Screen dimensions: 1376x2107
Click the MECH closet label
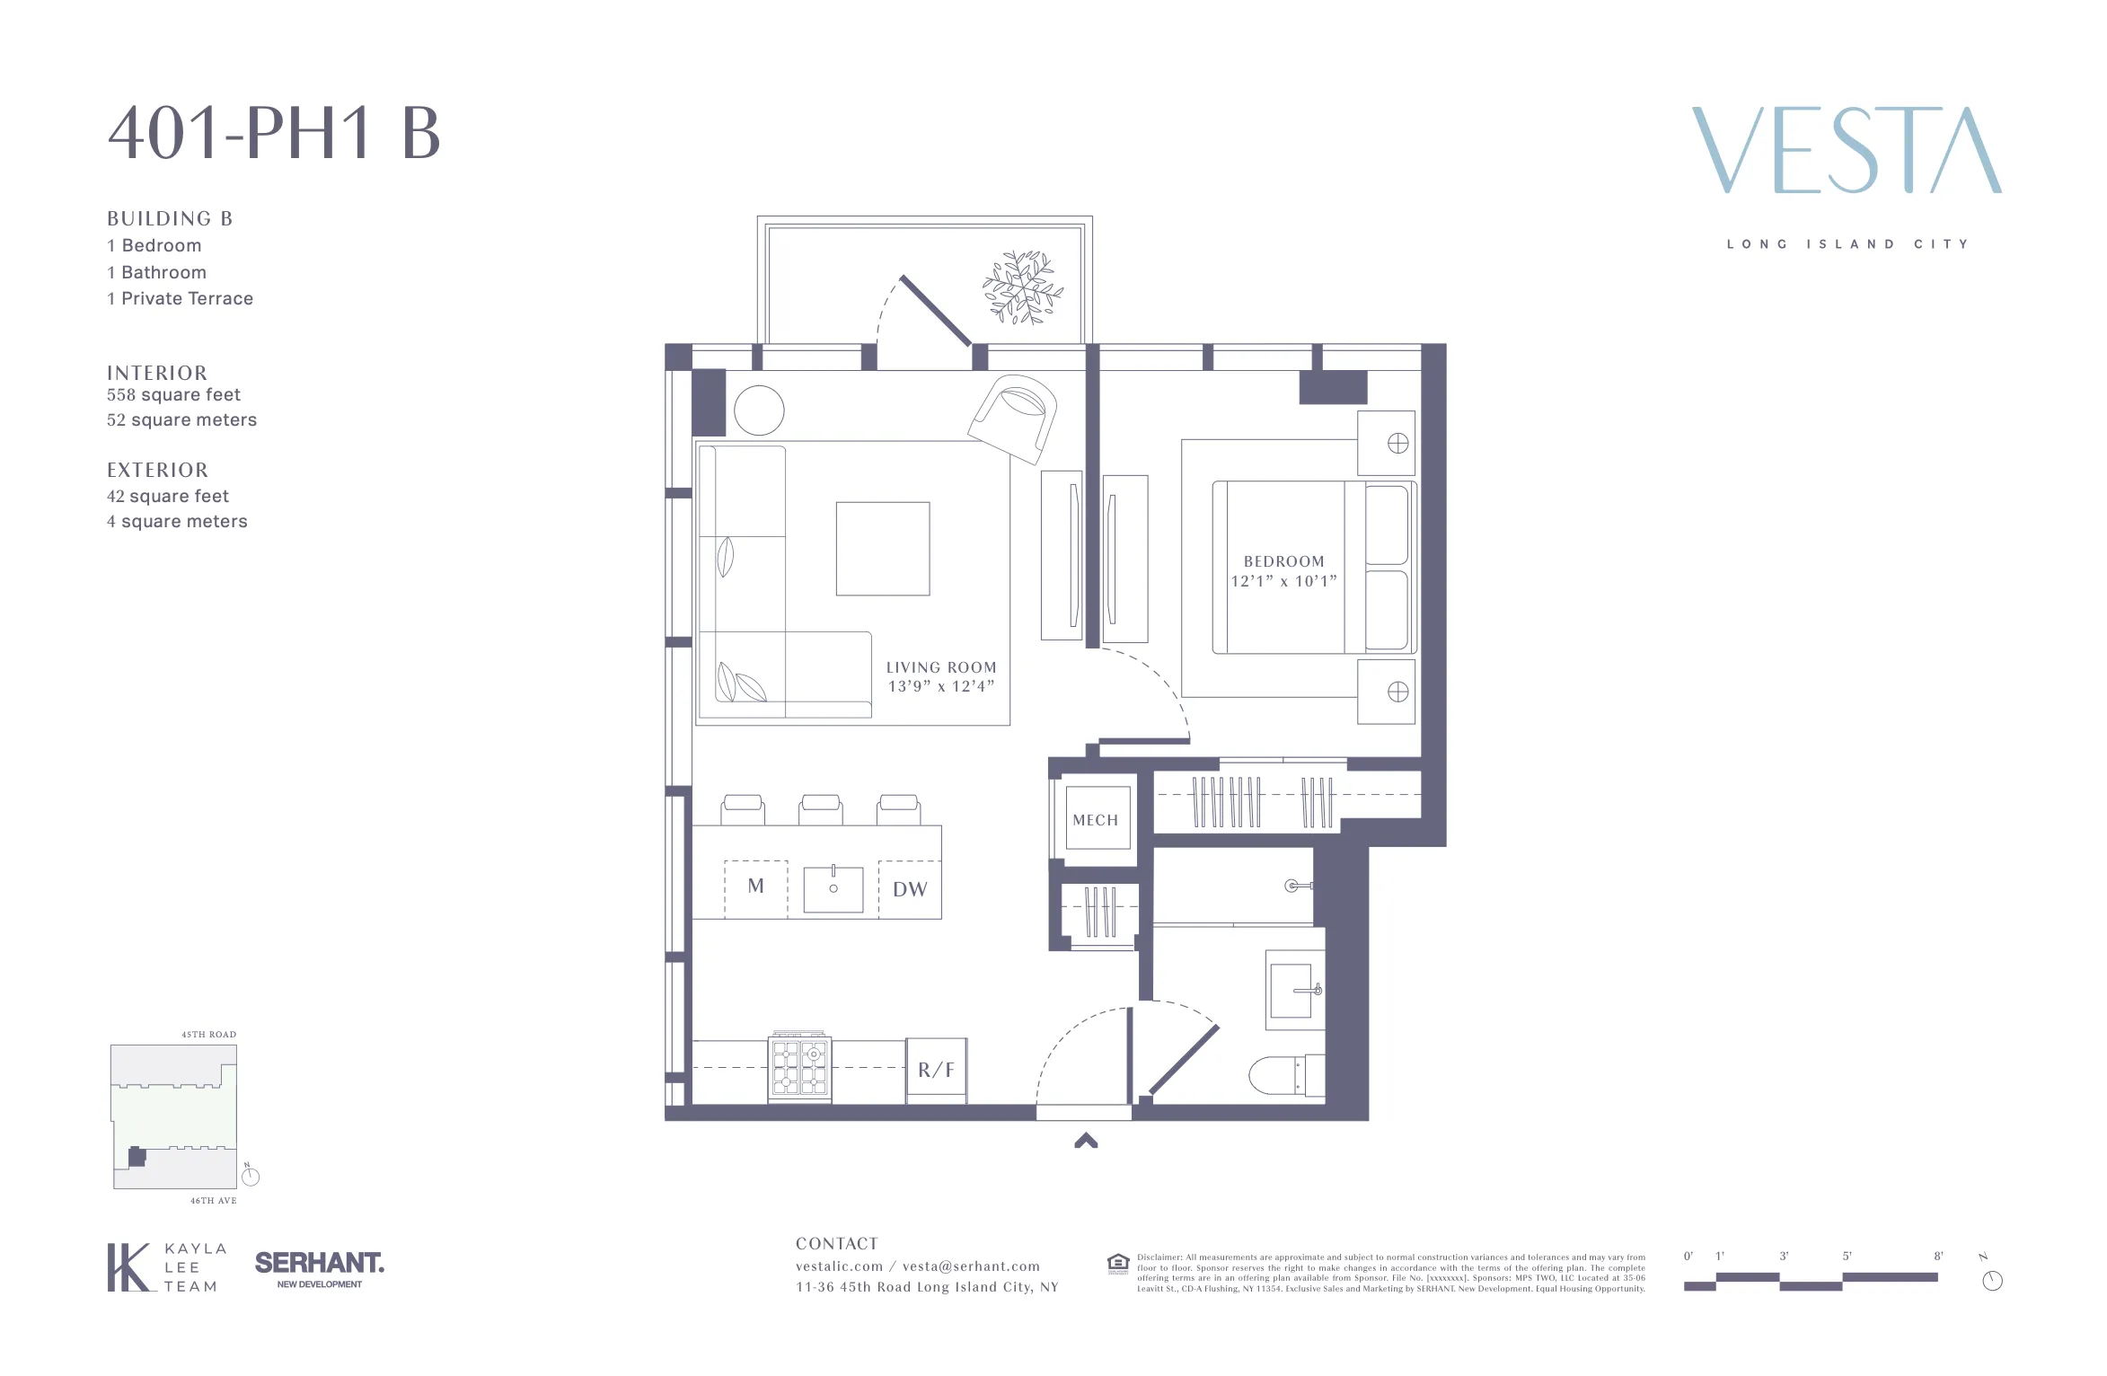point(1095,820)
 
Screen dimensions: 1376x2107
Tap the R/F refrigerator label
point(936,1070)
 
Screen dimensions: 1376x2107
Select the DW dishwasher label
point(910,889)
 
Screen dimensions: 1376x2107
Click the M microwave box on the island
point(756,886)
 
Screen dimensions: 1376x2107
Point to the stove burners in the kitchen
point(799,1069)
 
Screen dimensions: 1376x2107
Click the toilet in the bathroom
point(1280,1075)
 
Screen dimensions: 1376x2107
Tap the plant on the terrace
point(1022,287)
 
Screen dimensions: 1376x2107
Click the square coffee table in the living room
point(882,549)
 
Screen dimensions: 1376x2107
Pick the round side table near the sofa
point(759,410)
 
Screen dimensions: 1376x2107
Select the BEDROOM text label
point(1283,561)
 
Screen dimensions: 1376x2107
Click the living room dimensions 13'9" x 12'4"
point(940,687)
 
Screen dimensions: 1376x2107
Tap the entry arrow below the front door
point(1086,1141)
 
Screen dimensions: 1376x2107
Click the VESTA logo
point(1847,150)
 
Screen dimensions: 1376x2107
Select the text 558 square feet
point(173,395)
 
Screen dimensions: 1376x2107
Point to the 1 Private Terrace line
point(180,299)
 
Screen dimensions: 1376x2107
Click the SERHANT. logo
point(319,1264)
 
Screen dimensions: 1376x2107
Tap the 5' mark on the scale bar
point(1847,1257)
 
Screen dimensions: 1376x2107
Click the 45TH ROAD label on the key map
point(208,1035)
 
